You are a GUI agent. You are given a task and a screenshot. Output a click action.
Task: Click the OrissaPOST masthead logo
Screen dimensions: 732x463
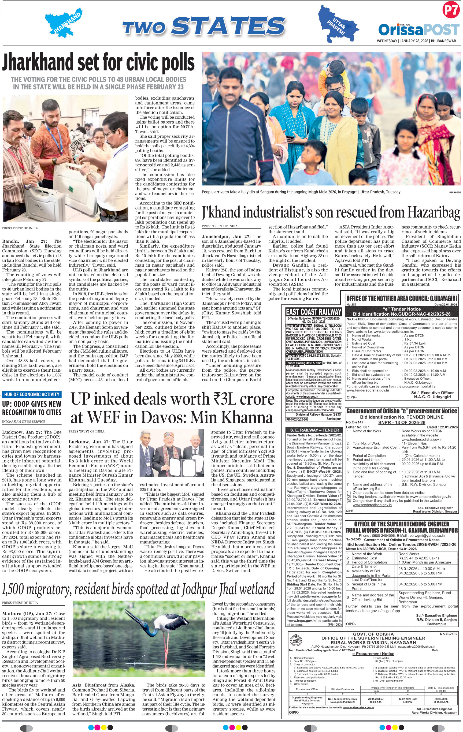(x=418, y=30)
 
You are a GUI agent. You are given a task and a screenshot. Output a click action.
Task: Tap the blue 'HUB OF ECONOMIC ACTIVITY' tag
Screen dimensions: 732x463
(x=32, y=394)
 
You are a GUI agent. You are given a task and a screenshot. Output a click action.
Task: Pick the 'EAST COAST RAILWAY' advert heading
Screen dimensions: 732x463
(x=314, y=312)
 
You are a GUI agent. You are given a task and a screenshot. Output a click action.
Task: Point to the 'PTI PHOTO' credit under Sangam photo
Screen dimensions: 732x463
(x=455, y=192)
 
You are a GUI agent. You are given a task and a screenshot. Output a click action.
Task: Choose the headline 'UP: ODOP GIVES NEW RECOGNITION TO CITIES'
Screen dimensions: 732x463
(x=32, y=408)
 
